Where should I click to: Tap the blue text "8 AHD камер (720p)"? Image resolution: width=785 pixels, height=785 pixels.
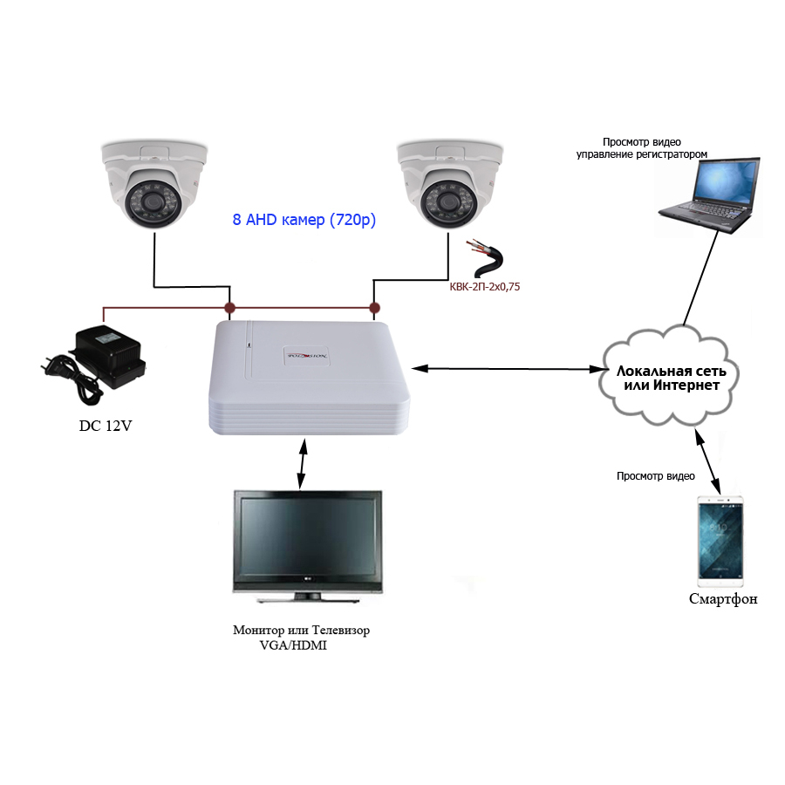click(304, 220)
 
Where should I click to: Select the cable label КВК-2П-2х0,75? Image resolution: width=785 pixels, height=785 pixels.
click(485, 287)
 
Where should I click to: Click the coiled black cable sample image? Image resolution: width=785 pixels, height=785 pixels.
click(485, 258)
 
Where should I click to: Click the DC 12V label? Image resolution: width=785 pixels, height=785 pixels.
click(106, 426)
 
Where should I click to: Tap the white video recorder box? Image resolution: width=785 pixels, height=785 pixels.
click(309, 378)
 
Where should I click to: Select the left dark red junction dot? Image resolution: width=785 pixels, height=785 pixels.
click(229, 307)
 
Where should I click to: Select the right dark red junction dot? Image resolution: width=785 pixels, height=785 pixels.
click(374, 307)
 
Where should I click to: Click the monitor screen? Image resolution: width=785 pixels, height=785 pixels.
click(307, 536)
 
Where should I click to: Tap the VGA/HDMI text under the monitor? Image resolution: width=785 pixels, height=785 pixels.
click(293, 645)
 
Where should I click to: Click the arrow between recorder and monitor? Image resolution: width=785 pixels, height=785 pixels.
click(302, 463)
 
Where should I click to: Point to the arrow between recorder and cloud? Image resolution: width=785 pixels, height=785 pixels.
click(509, 369)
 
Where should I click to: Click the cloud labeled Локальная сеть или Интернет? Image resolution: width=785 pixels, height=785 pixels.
click(670, 378)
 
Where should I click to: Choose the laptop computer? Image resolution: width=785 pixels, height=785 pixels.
click(708, 195)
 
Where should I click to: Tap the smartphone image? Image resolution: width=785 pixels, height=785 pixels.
click(720, 541)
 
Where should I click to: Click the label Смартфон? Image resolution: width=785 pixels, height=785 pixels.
click(723, 598)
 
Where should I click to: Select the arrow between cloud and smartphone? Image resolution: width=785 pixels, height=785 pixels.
click(707, 461)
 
